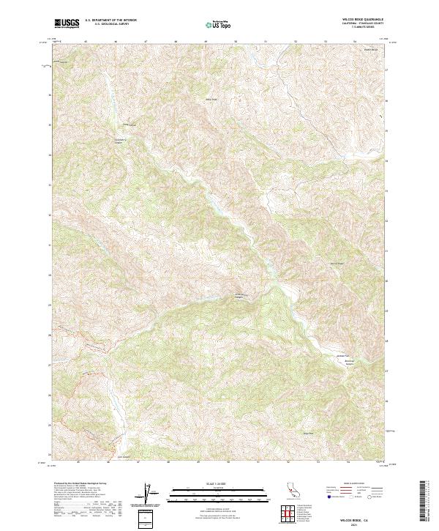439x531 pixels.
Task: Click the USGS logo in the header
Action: (67, 23)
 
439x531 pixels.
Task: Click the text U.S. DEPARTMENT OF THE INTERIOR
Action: (110, 20)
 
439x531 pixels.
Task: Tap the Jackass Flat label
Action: (329, 357)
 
